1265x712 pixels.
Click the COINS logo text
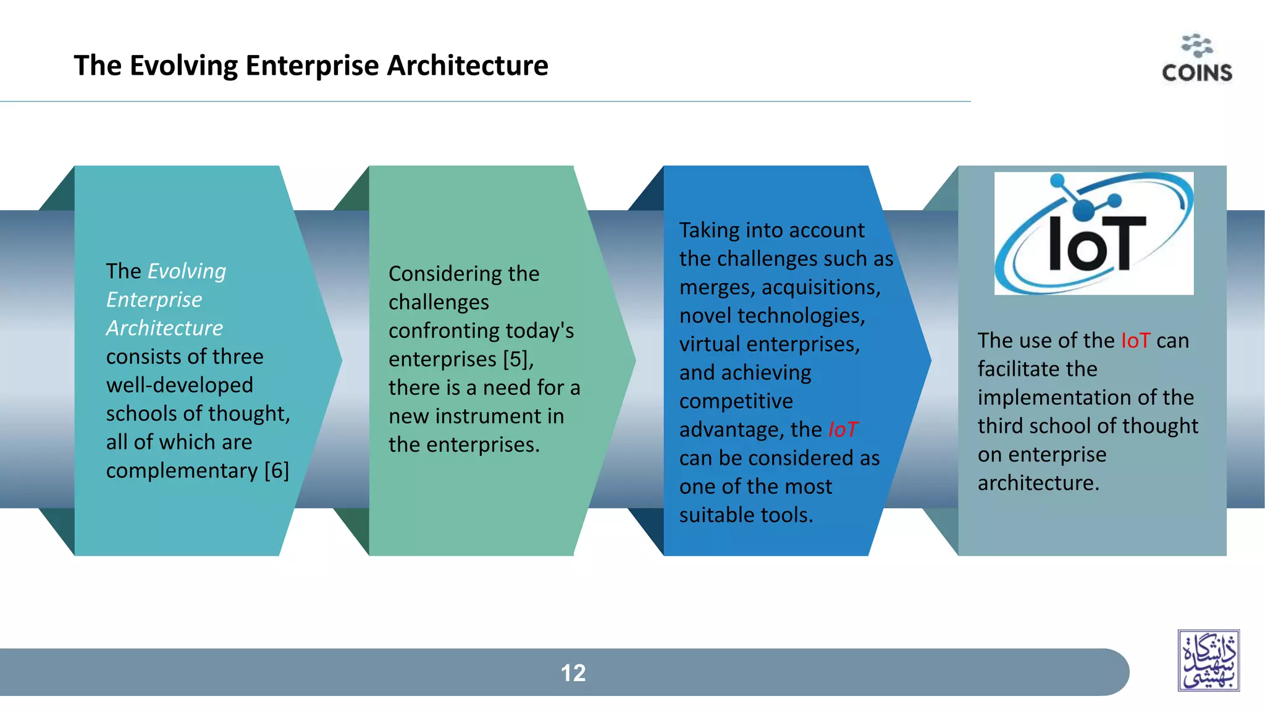pos(1196,73)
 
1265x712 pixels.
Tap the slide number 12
pos(573,673)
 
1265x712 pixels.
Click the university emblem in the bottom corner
pos(1208,660)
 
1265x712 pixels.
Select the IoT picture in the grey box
pos(1093,233)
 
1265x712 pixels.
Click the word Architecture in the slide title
pos(467,66)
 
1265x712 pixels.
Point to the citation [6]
pos(276,471)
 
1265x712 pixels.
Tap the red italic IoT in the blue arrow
pos(843,430)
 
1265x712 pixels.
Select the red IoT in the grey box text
pos(1135,341)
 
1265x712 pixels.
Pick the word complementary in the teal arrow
pos(182,471)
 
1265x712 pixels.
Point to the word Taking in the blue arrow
pos(709,231)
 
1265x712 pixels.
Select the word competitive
pos(736,402)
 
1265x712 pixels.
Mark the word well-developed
pos(179,386)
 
